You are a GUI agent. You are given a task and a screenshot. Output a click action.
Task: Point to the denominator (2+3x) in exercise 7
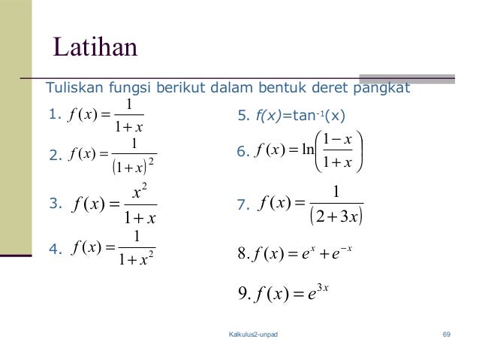336,218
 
